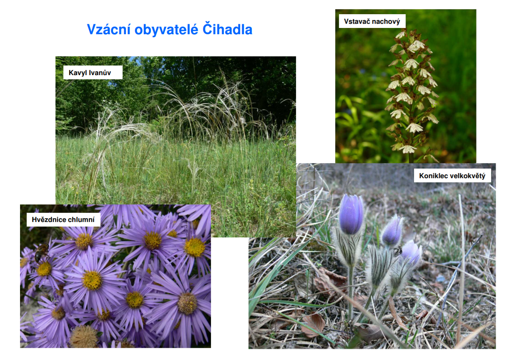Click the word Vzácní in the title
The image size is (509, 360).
coord(109,30)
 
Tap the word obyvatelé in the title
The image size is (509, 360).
coord(166,30)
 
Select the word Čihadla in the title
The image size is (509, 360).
coord(227,29)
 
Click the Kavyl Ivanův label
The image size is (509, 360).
coord(93,73)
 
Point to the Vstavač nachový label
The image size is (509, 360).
coord(372,21)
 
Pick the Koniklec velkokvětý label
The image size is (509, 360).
coord(452,176)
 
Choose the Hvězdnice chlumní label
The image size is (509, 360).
coord(63,219)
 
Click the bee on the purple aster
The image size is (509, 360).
coord(41,252)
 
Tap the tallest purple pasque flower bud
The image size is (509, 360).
coord(351,214)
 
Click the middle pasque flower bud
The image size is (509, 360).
coord(391,231)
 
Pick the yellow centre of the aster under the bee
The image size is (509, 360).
coord(44,269)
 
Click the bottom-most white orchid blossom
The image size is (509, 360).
coord(408,149)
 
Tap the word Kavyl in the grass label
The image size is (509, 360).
coord(78,73)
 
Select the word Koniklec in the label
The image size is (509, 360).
coord(430,176)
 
